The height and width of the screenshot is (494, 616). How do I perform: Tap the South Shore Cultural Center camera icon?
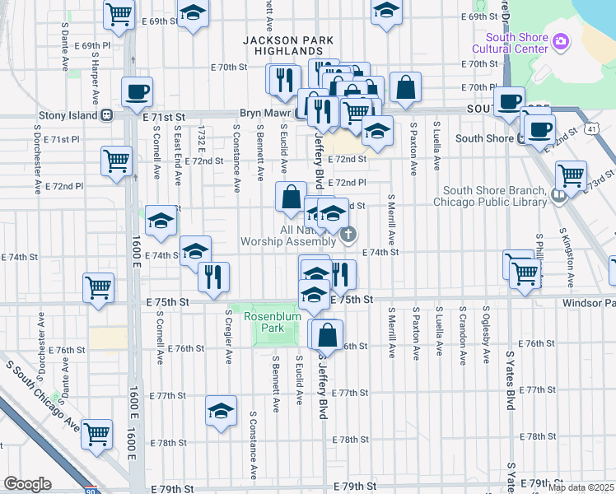click(x=561, y=40)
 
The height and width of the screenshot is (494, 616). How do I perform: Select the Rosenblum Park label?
click(x=255, y=321)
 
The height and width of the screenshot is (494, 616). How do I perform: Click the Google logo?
click(x=27, y=483)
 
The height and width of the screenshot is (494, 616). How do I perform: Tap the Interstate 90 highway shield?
click(x=91, y=490)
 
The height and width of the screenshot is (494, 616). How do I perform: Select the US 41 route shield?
click(x=592, y=129)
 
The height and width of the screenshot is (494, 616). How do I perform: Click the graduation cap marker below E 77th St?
click(x=221, y=411)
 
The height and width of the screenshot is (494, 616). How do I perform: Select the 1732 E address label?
click(x=202, y=139)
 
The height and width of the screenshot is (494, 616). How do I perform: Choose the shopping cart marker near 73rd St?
click(x=571, y=175)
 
